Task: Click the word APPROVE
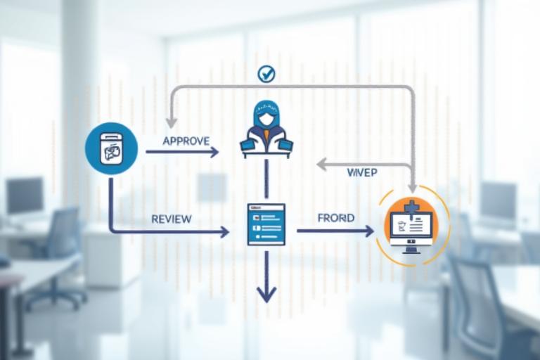186,141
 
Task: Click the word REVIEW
171,219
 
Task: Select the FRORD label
335,218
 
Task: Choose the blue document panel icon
266,224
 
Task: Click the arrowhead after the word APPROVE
214,151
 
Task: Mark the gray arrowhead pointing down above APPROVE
171,122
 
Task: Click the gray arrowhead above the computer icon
413,188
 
